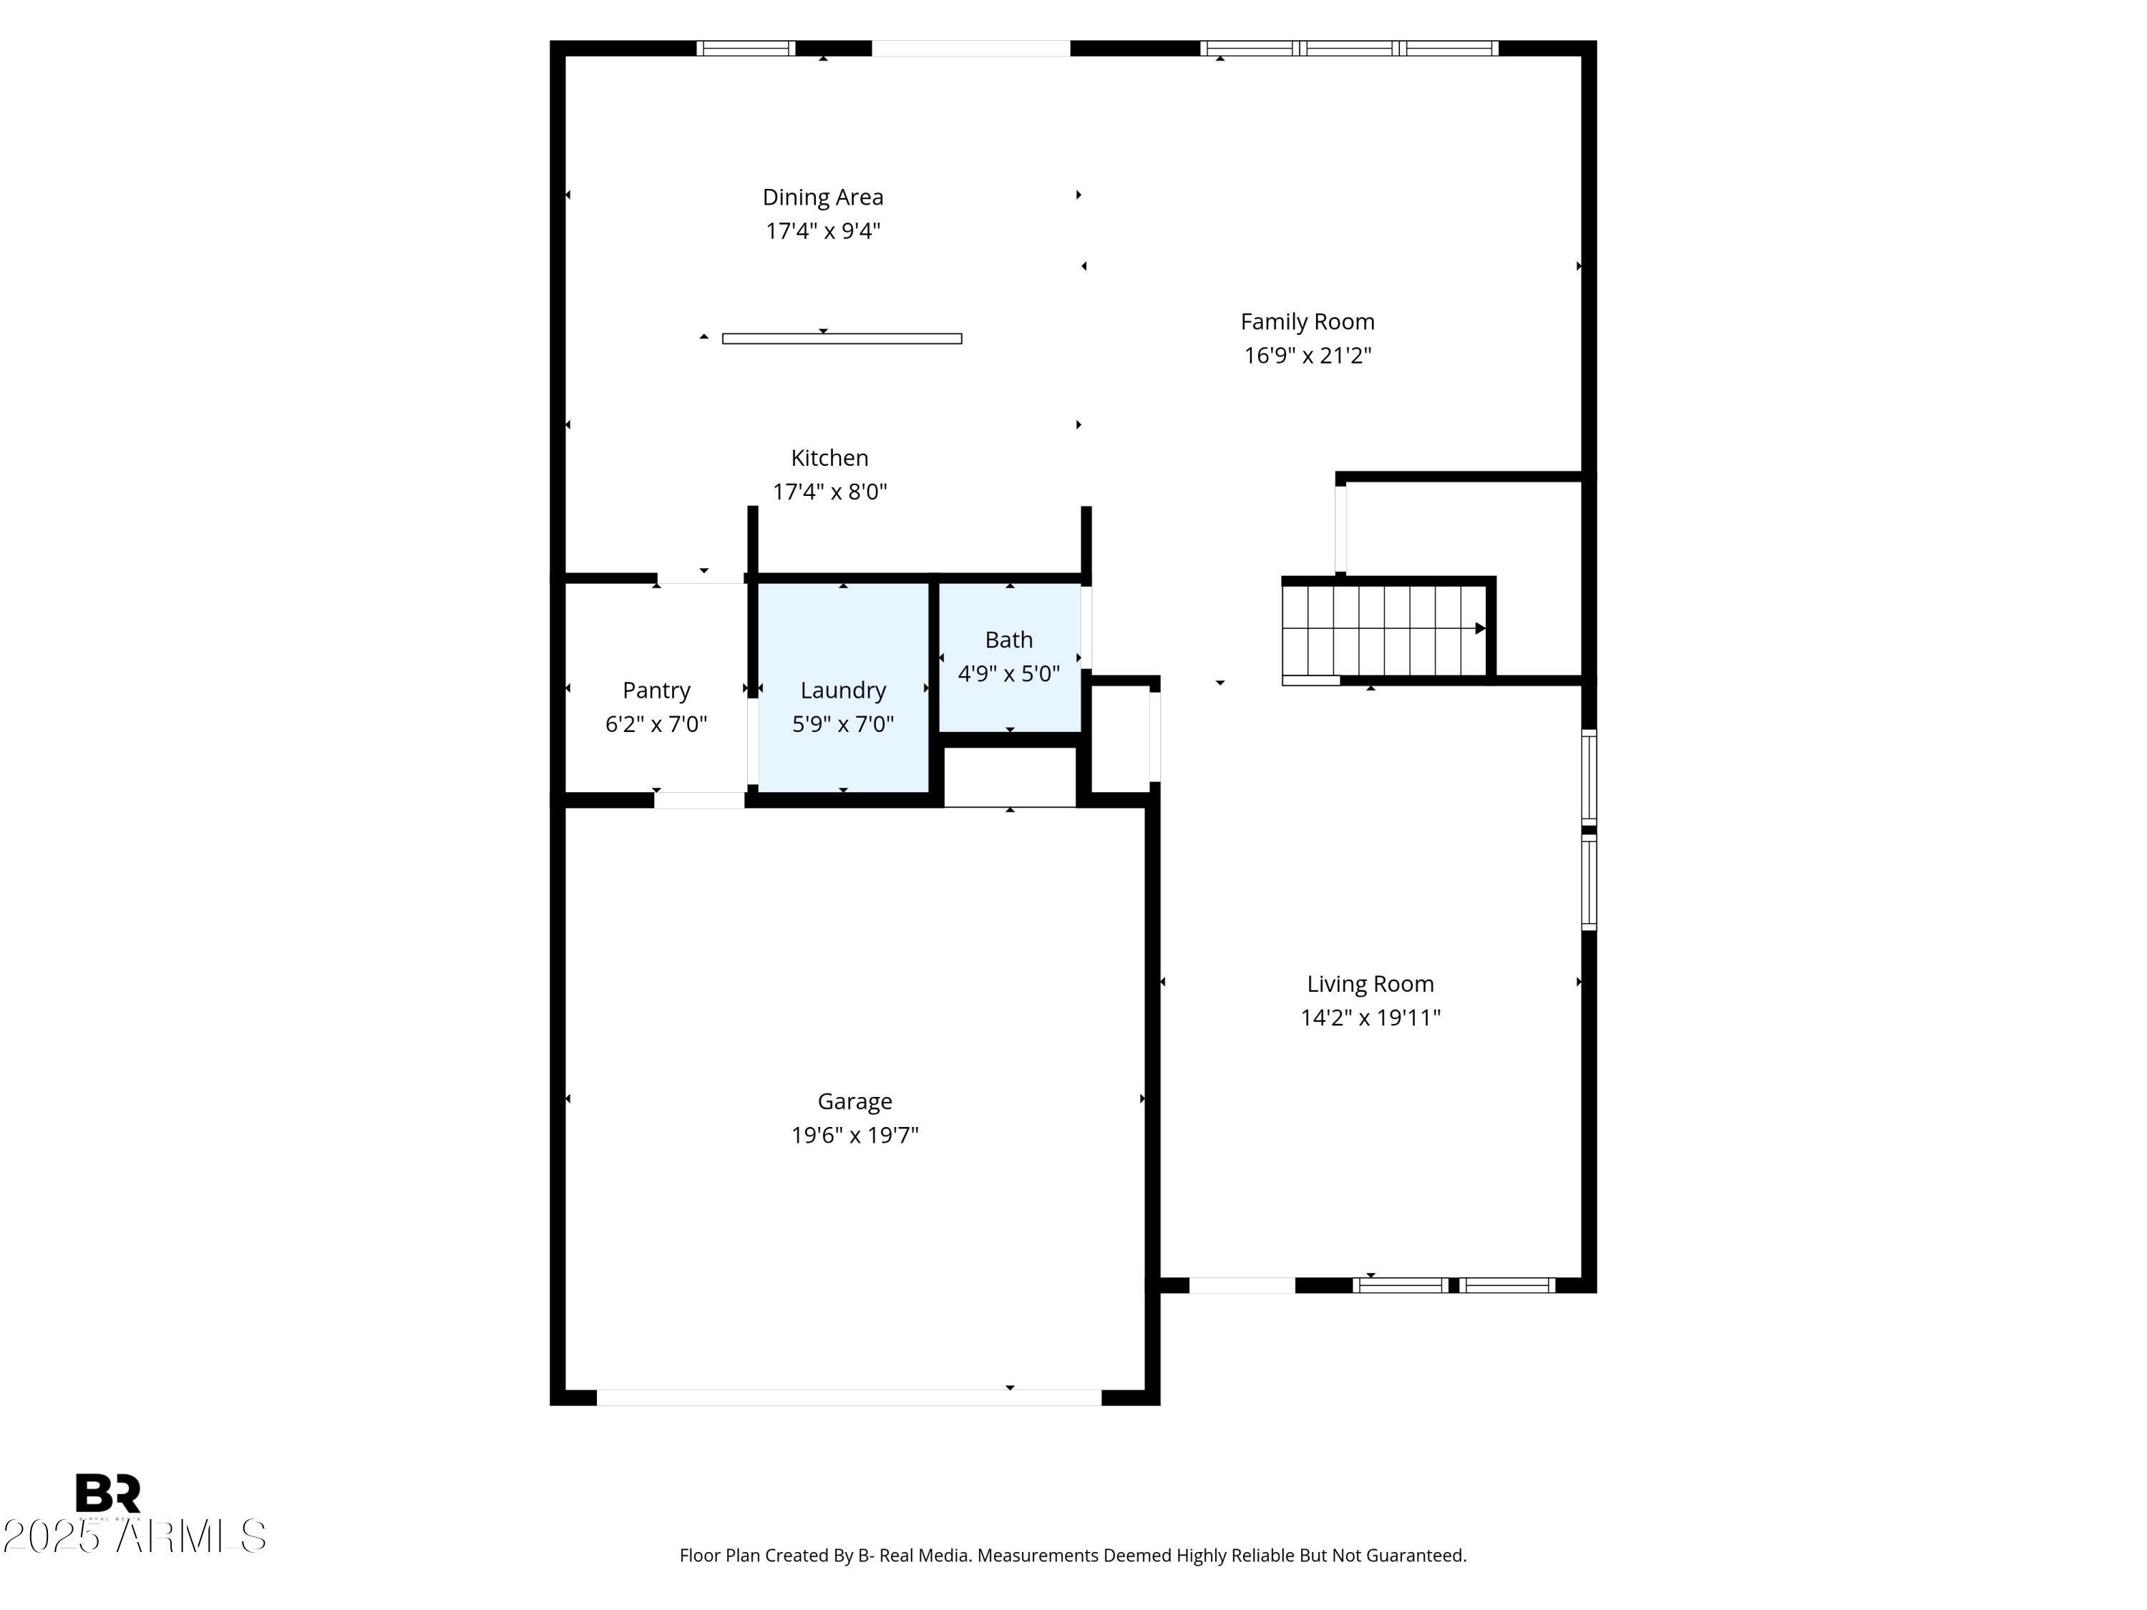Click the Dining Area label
822,197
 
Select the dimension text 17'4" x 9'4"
822,231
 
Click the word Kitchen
829,458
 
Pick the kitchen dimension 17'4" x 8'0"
829,492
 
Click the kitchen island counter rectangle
842,338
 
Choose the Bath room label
1008,640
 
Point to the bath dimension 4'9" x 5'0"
1008,673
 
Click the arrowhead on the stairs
1480,629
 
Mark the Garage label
854,1101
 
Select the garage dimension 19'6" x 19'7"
854,1136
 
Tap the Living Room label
1370,984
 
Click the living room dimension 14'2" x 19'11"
1370,1018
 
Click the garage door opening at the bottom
848,1397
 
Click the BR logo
108,1493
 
